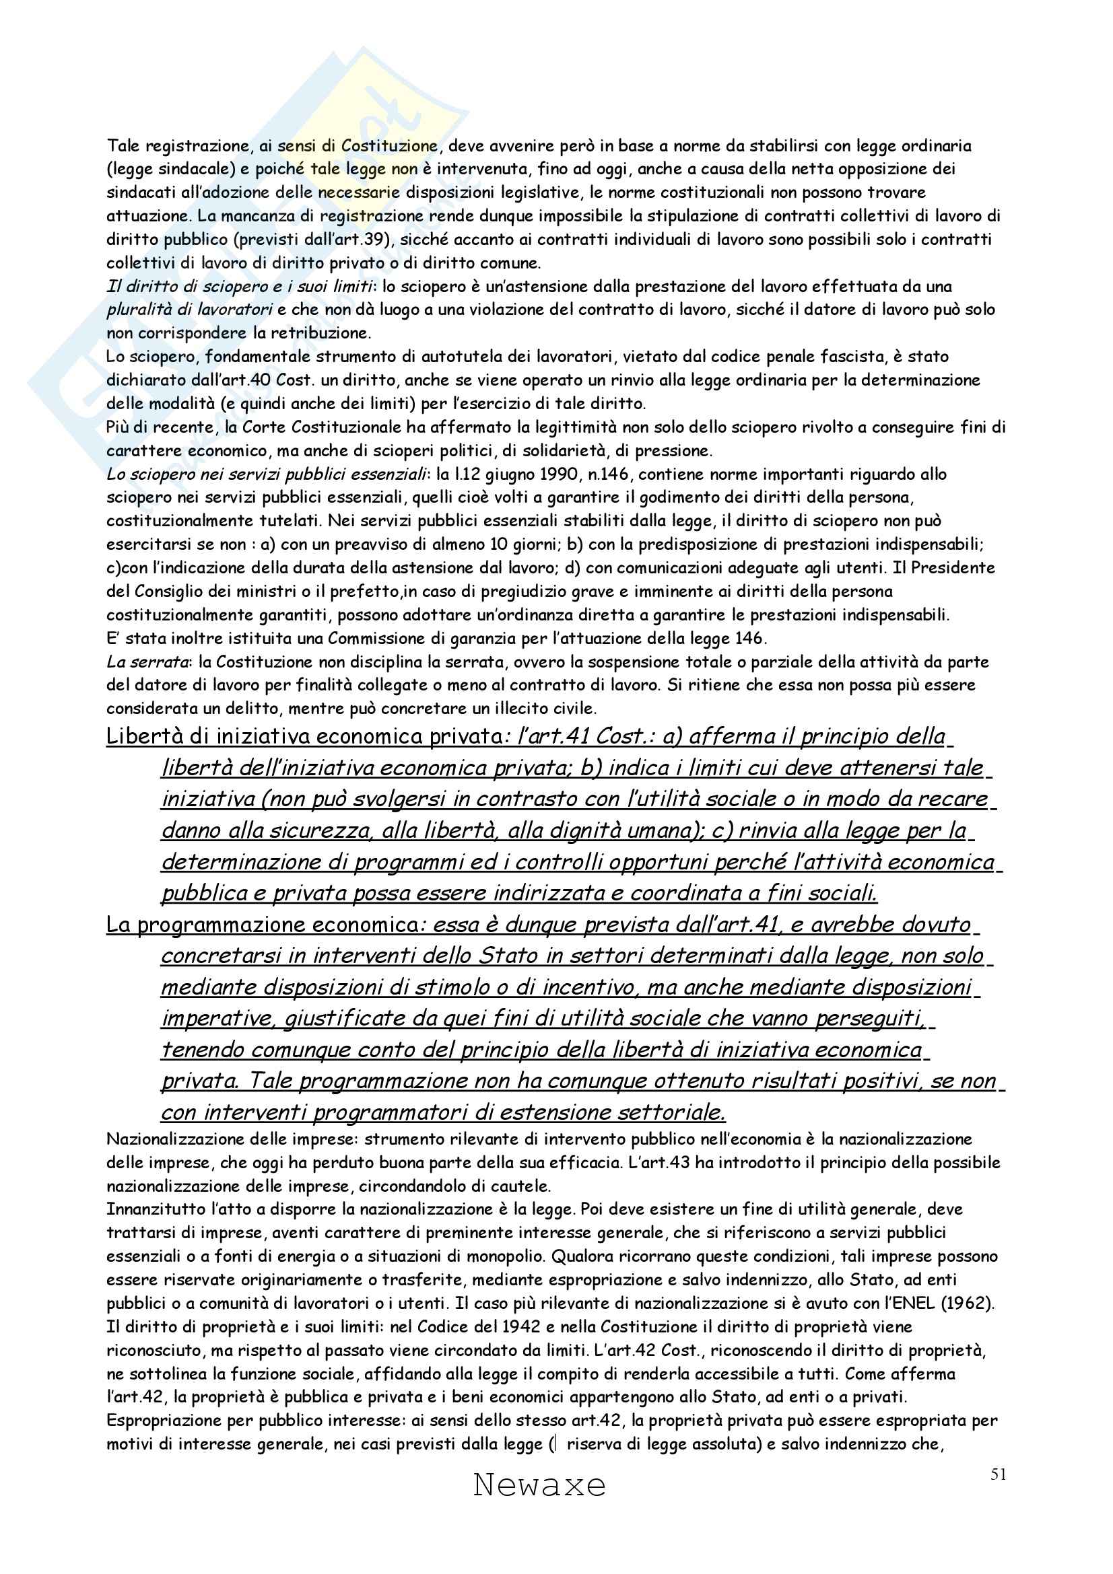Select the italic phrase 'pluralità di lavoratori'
(x=189, y=310)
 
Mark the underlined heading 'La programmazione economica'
(x=261, y=925)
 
